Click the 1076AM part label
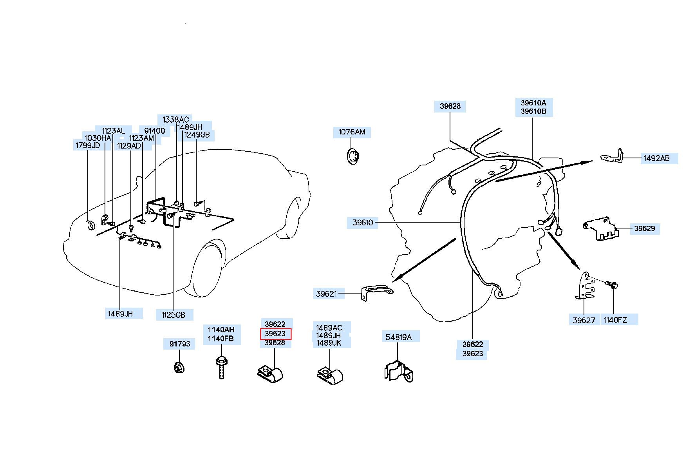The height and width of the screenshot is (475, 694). [x=352, y=132]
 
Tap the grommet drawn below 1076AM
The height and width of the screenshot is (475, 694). [x=354, y=156]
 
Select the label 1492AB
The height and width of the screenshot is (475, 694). [x=656, y=159]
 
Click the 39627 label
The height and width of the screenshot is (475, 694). [x=584, y=320]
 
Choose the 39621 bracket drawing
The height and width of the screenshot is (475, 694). [x=376, y=292]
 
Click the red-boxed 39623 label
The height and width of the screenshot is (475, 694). [x=275, y=334]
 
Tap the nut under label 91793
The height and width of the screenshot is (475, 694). [x=179, y=368]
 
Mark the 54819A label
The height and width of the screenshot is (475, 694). [x=399, y=337]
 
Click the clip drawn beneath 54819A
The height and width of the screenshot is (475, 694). [x=399, y=372]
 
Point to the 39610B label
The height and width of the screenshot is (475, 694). [x=533, y=111]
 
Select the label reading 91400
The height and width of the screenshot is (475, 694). [x=155, y=131]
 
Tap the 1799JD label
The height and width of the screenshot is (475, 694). [x=88, y=146]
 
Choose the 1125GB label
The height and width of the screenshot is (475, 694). [x=173, y=315]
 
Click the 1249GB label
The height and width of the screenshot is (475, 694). [x=197, y=135]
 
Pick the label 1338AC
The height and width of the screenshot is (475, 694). [x=176, y=120]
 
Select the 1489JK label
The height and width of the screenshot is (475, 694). [x=329, y=343]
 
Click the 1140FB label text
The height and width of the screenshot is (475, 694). [x=220, y=339]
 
